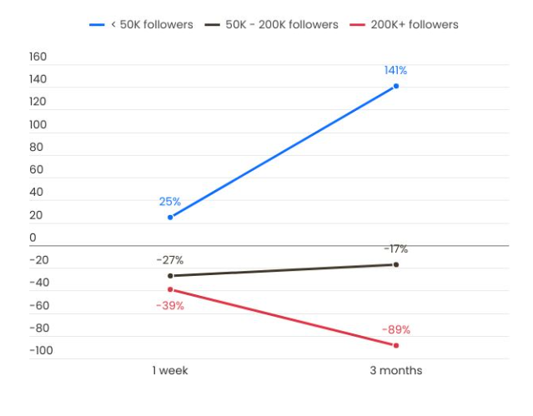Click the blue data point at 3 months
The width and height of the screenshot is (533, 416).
click(395, 86)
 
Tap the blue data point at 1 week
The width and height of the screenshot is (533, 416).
click(170, 217)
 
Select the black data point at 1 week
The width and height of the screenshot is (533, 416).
click(170, 275)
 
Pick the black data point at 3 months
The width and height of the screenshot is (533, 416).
click(395, 264)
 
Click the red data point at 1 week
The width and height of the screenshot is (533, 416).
click(170, 289)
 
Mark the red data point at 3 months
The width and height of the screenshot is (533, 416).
click(395, 345)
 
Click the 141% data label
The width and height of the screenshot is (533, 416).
click(395, 70)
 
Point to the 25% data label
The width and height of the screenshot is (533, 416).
click(170, 202)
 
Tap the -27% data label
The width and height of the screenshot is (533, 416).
click(170, 260)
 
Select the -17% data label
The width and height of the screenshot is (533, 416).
click(395, 248)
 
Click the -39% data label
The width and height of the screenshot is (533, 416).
click(170, 305)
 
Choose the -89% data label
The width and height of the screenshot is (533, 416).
click(395, 329)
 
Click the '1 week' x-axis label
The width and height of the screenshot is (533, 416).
click(170, 370)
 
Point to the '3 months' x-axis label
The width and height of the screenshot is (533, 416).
click(395, 370)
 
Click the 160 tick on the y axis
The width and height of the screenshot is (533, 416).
click(38, 58)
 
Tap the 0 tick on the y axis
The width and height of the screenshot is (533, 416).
click(33, 238)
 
